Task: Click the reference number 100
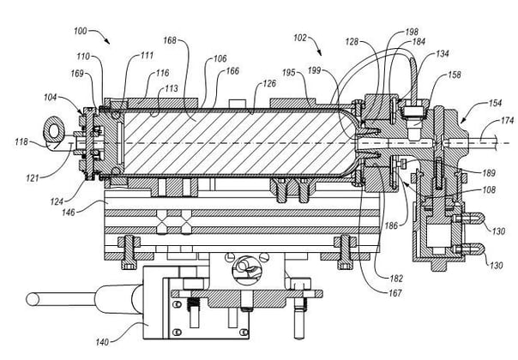click(81, 31)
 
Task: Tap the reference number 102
click(300, 38)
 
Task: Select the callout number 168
click(170, 40)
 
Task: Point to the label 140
click(102, 342)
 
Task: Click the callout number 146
click(69, 212)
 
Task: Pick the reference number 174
click(508, 120)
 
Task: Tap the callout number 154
click(495, 103)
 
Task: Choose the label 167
click(395, 292)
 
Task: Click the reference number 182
click(396, 279)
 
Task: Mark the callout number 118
click(21, 142)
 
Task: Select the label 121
click(33, 178)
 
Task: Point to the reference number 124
click(57, 201)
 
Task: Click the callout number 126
click(269, 83)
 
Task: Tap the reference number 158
click(455, 75)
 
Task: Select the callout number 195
click(289, 72)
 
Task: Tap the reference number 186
click(391, 225)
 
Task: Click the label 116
click(163, 73)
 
